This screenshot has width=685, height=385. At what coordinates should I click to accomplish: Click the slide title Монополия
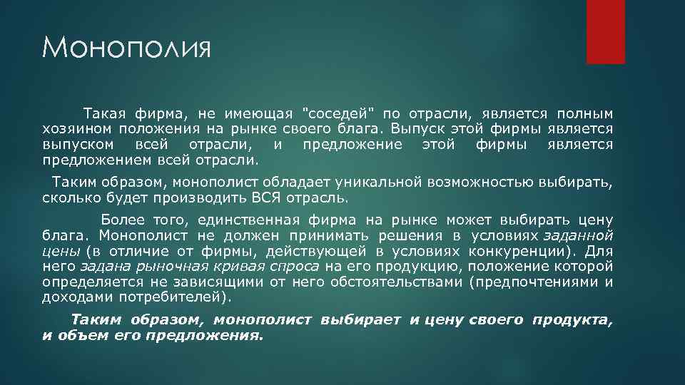tap(126, 49)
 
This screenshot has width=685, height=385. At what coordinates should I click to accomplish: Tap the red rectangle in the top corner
tap(605, 32)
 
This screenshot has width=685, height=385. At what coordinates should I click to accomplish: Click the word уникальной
tap(367, 181)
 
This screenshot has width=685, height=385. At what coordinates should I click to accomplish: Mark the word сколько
tap(67, 196)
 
